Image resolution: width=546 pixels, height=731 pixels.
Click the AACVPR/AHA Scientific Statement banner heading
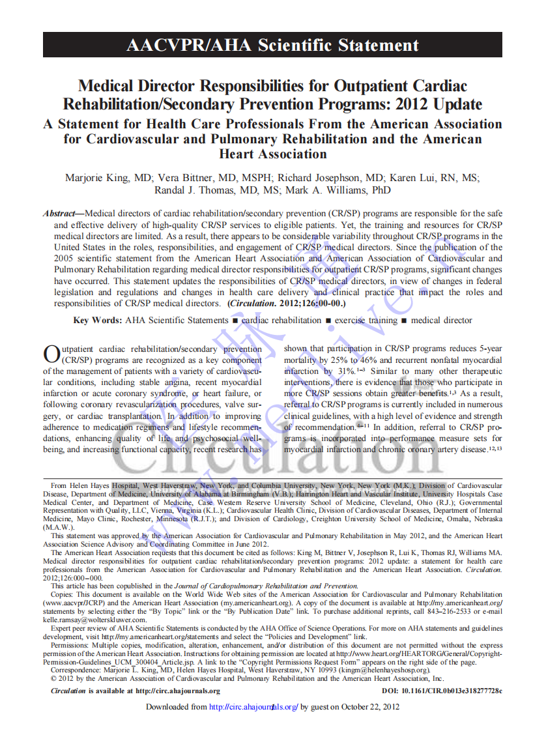[x=272, y=45]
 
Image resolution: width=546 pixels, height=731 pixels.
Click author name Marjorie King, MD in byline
[x=108, y=177]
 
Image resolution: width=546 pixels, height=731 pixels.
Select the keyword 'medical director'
[x=442, y=320]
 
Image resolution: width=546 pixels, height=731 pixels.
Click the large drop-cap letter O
[x=51, y=355]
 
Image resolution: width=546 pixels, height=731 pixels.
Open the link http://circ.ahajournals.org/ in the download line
[x=253, y=706]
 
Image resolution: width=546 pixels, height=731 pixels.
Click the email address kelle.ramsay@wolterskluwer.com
[x=94, y=620]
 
